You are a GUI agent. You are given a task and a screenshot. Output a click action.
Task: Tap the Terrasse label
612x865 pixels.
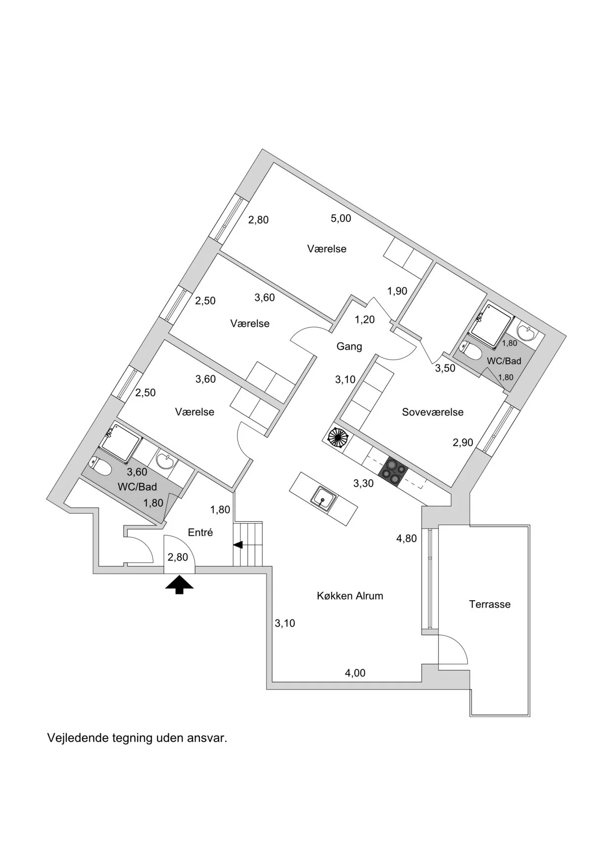pos(490,604)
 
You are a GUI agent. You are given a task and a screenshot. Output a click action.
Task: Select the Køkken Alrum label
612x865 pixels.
pos(350,596)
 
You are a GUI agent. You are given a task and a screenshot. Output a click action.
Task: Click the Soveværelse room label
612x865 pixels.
pos(432,412)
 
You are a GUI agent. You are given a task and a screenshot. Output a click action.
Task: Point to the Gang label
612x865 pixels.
pos(349,346)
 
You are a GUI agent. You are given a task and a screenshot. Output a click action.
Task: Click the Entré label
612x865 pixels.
pos(200,532)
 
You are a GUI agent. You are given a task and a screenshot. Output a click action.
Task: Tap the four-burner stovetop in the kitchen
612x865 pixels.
pos(393,472)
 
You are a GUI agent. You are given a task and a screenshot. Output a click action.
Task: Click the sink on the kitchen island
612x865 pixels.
pos(323,499)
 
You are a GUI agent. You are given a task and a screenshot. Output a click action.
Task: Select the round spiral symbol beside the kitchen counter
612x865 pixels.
pos(338,437)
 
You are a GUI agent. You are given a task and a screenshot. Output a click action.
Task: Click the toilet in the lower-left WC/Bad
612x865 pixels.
pos(101,467)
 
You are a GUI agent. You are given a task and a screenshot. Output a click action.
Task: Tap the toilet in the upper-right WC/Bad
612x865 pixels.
pos(472,352)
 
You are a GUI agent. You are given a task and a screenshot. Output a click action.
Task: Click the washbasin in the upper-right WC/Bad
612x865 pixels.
pos(528,333)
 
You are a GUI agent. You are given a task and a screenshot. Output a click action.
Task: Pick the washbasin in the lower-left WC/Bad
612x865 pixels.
pos(164,461)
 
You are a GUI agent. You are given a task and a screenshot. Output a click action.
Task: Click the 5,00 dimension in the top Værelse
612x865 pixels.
pos(341,218)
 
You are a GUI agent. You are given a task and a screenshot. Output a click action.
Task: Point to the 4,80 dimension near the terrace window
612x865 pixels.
pos(406,539)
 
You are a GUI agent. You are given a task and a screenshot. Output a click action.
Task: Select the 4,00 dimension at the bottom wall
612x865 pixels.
pos(355,673)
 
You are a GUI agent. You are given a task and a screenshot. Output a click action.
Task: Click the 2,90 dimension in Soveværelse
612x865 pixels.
pos(463,442)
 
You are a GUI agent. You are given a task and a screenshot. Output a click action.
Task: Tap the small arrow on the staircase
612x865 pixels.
pos(238,545)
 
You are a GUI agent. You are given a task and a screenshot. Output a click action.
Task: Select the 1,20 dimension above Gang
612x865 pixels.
pos(365,320)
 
